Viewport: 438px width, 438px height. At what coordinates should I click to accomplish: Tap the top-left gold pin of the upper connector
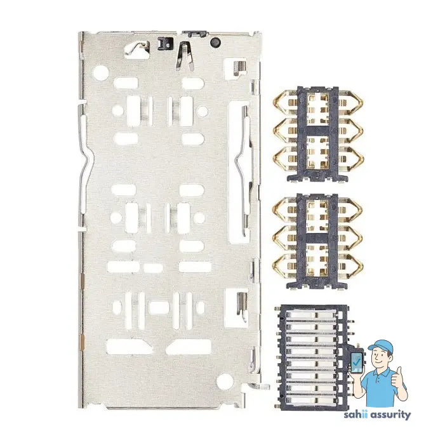282,100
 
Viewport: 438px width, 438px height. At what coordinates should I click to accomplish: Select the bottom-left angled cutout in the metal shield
124,346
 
